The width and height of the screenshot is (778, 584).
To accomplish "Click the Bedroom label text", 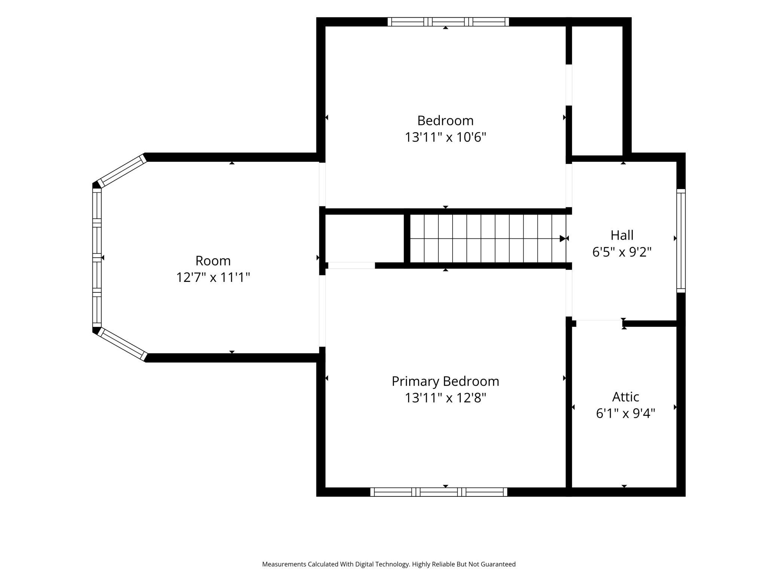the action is pyautogui.click(x=445, y=121).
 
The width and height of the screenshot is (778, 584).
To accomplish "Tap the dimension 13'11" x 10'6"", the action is pyautogui.click(x=445, y=137).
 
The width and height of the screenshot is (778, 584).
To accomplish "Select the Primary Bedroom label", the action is pyautogui.click(x=445, y=381).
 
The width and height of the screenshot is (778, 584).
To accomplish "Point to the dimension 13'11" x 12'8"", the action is pyautogui.click(x=445, y=398).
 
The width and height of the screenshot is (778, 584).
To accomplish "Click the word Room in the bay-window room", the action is pyautogui.click(x=213, y=261).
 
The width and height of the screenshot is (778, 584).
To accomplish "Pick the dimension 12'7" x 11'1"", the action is pyautogui.click(x=213, y=277).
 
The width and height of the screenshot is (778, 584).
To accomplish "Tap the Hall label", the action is pyautogui.click(x=622, y=235).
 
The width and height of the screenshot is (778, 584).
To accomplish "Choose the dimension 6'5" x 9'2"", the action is pyautogui.click(x=622, y=252).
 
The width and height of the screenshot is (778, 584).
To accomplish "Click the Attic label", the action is pyautogui.click(x=625, y=396).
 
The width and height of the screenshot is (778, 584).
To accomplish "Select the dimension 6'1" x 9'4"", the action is pyautogui.click(x=625, y=413).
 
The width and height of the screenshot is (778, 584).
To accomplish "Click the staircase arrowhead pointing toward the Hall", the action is pyautogui.click(x=563, y=238).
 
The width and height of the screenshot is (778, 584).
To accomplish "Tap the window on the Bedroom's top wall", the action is pyautogui.click(x=448, y=22).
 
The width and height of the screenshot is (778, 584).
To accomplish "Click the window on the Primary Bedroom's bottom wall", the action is pyautogui.click(x=439, y=492).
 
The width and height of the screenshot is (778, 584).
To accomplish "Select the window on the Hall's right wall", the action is pyautogui.click(x=681, y=241).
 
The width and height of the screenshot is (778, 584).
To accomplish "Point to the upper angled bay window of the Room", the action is pyautogui.click(x=122, y=171).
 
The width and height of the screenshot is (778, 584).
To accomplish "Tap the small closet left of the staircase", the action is pyautogui.click(x=364, y=238).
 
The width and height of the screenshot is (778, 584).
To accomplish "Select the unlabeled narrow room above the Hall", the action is pyautogui.click(x=597, y=91).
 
